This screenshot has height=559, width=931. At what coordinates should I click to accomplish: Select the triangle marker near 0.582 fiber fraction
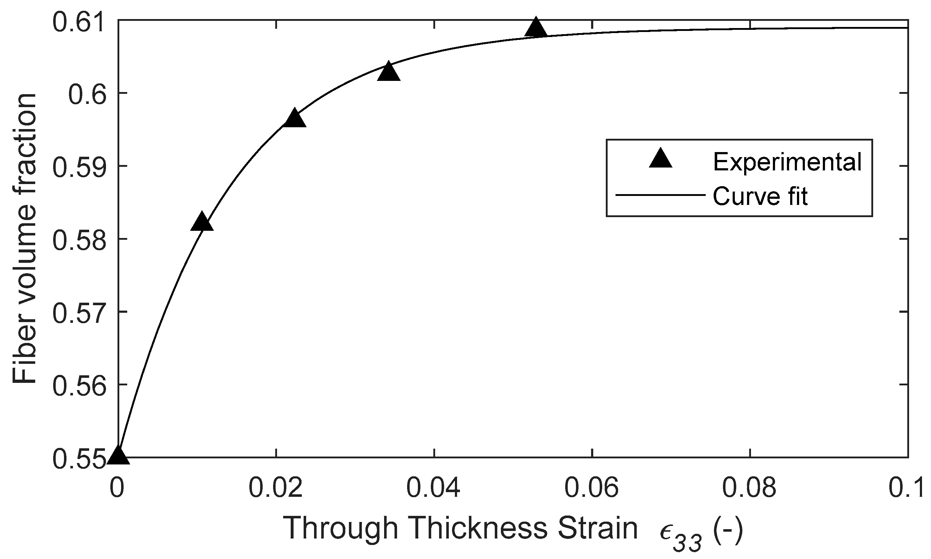[x=202, y=223]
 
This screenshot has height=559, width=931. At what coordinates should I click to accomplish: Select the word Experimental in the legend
[x=787, y=162]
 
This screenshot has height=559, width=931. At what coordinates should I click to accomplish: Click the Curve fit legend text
[x=760, y=196]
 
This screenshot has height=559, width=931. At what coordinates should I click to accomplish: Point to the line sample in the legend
[x=660, y=195]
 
